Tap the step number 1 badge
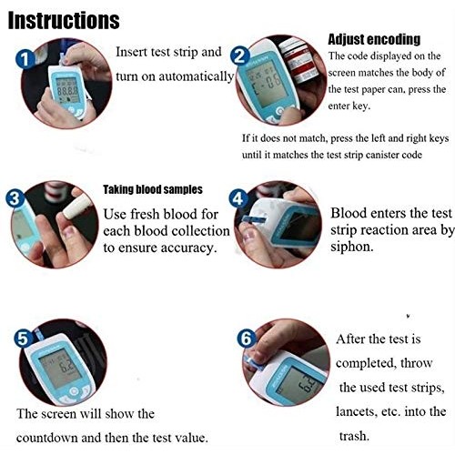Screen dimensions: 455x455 click(x=27, y=58)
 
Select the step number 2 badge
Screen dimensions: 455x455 click(x=240, y=56)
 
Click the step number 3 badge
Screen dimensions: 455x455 click(x=14, y=197)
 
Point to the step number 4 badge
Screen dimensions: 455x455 click(x=237, y=198)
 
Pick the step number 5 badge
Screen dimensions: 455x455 click(x=24, y=337)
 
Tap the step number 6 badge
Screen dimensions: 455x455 click(x=247, y=339)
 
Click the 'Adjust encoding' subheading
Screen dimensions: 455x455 click(x=373, y=39)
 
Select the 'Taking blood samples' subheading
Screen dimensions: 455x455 click(x=152, y=189)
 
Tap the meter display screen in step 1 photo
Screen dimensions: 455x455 click(x=66, y=92)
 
